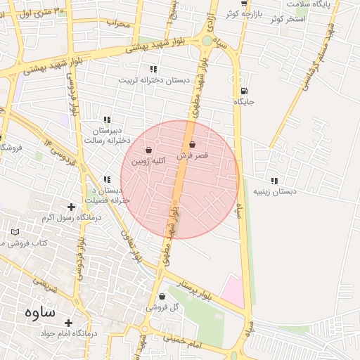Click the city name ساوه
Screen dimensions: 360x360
click(39, 311)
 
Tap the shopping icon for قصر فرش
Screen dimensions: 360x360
click(192, 144)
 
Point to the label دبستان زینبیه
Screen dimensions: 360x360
click(275, 191)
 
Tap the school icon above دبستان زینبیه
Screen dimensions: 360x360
click(274, 181)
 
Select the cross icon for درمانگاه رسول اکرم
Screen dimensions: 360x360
click(70, 207)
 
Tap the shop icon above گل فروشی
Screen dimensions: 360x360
click(162, 297)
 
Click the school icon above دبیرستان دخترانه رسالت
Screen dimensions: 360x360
click(106, 120)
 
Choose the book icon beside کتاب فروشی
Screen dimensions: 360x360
click(15, 232)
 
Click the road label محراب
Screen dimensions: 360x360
click(119, 23)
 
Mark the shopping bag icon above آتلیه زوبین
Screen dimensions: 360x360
click(148, 150)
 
